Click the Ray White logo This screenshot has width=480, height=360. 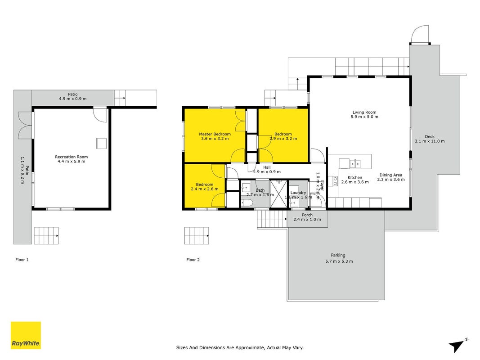(26, 335)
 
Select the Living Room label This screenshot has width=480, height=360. (364, 112)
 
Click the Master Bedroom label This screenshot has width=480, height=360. (215, 134)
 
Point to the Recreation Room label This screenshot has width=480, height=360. (72, 157)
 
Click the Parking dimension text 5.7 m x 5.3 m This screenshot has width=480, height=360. (339, 261)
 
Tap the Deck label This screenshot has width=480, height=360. (430, 136)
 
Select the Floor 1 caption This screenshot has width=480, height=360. (22, 260)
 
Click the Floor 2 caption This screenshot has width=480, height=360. (193, 260)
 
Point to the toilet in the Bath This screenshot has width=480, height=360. (247, 202)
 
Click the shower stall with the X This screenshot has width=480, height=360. (278, 194)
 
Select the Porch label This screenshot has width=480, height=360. (307, 215)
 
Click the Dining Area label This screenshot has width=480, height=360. (391, 175)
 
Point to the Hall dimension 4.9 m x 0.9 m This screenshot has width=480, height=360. (267, 172)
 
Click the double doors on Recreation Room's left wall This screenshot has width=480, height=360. (25, 125)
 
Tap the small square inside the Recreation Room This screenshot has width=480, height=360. (102, 143)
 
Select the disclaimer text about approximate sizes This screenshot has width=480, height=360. (240, 347)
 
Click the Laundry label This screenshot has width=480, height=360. (298, 193)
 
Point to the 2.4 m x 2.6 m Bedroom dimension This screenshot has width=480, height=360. (205, 189)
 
